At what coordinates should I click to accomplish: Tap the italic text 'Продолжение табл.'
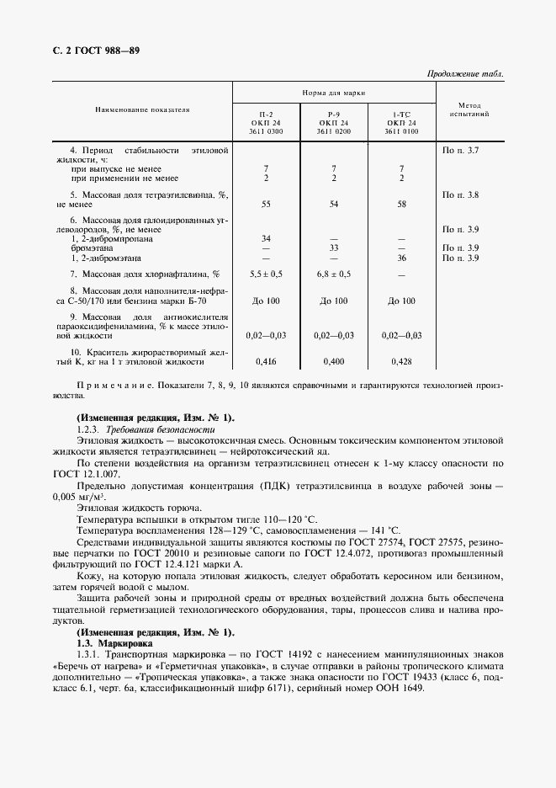point(466,74)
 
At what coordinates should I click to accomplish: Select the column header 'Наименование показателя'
point(141,109)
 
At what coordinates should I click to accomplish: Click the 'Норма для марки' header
point(333,93)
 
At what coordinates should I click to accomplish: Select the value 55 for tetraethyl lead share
point(266,204)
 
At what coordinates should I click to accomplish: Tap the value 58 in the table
point(401,204)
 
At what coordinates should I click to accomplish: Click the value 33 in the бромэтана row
point(334,248)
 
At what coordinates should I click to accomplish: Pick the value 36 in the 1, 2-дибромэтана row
point(401,258)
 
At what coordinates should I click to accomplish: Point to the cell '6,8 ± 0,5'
point(334,274)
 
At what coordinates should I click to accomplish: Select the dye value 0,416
point(266,361)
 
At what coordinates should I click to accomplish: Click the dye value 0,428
point(401,361)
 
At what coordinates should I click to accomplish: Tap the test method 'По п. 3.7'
point(460,150)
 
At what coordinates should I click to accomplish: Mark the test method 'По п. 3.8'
point(460,194)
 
